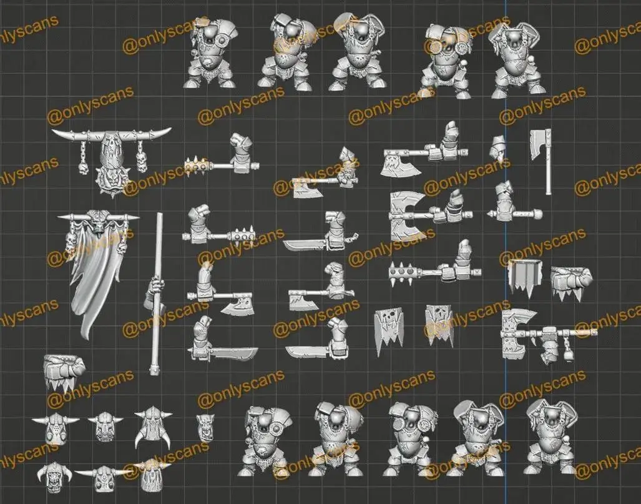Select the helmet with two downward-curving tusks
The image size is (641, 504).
coord(154,427)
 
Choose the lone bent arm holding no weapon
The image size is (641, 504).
coord(497,148)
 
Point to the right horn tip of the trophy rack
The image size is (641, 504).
coord(170,129)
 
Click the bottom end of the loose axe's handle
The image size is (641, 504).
coord(548,193)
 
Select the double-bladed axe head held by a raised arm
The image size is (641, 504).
coord(407,215)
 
